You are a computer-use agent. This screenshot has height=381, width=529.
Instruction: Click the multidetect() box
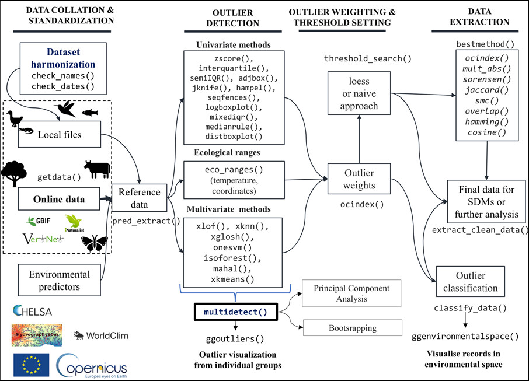click(x=235, y=312)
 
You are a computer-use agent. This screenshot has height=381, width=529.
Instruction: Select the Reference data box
click(x=138, y=197)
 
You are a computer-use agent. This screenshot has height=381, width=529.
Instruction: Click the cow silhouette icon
click(x=96, y=169)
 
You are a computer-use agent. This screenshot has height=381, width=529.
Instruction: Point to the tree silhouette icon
click(x=14, y=173)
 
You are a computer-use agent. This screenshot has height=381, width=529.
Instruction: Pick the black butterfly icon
click(x=93, y=242)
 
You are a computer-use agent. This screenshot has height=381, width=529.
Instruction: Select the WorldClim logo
click(x=100, y=335)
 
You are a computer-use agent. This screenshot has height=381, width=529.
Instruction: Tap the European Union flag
click(x=31, y=365)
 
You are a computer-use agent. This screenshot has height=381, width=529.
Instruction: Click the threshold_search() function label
click(x=368, y=58)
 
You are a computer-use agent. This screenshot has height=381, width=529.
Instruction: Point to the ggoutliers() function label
click(x=235, y=338)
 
